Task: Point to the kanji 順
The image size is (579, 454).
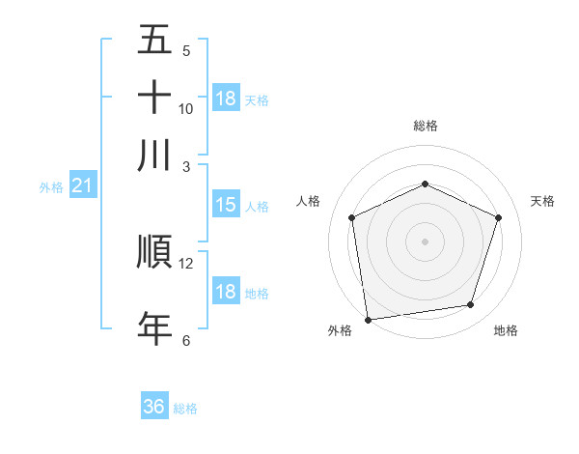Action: pos(154,251)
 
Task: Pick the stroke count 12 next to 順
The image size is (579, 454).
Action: pos(186,263)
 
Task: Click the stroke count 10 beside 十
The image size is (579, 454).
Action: pos(186,109)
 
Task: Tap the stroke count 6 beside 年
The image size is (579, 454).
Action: pos(186,340)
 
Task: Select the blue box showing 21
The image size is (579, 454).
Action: pos(82,186)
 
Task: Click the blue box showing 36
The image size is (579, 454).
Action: pos(154,407)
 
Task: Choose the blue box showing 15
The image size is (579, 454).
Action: pos(226,205)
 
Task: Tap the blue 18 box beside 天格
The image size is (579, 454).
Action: pos(226,99)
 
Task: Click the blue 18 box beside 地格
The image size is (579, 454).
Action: pos(226,292)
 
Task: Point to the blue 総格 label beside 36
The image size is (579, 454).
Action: pos(185,409)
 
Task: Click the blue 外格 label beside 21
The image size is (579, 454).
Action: pos(51,187)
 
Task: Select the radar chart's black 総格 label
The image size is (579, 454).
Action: pos(425,126)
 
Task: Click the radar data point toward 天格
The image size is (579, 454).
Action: pos(498,217)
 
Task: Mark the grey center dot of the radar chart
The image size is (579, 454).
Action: pos(425,241)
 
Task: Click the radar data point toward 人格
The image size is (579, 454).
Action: pos(352,217)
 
